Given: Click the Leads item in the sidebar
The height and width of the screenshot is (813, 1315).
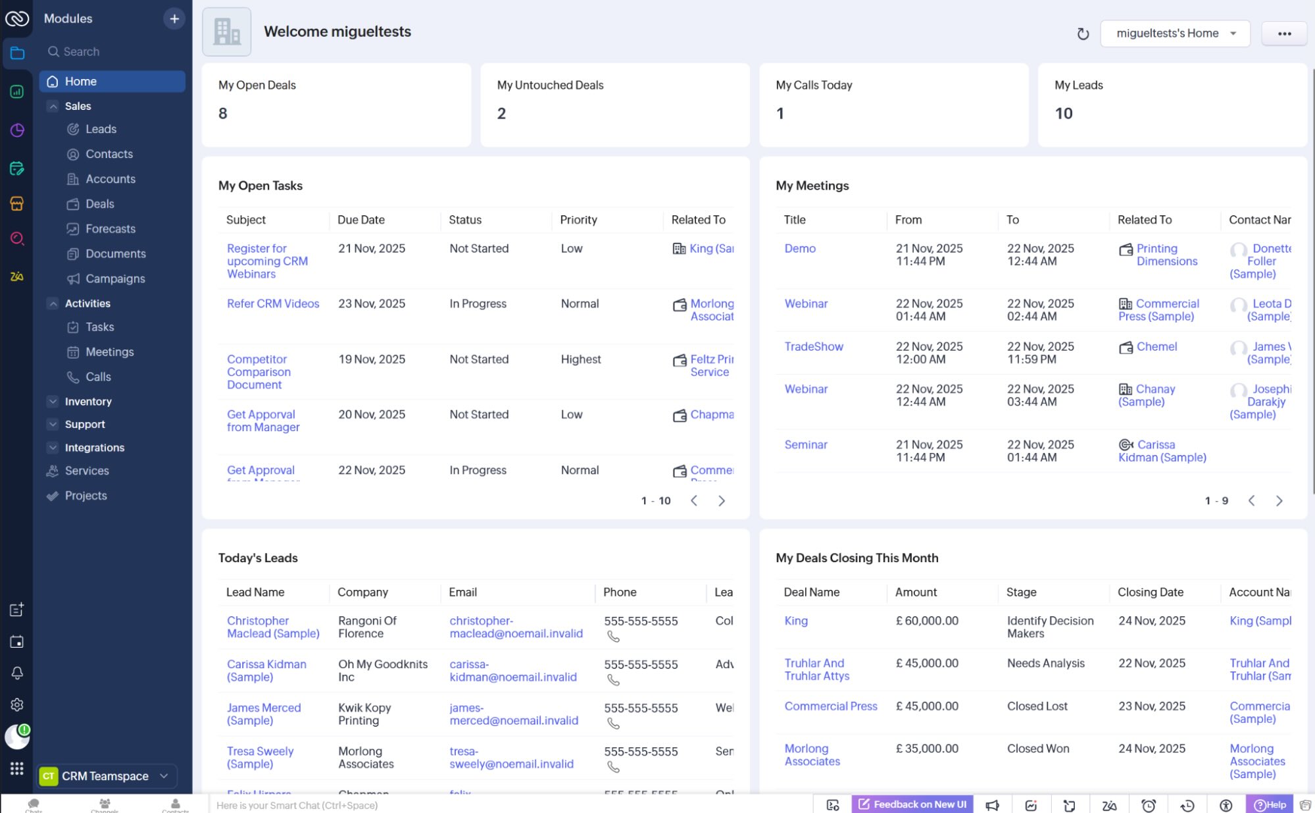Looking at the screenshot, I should click(x=101, y=129).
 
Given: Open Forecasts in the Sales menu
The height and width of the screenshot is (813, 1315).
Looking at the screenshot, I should click(x=110, y=228).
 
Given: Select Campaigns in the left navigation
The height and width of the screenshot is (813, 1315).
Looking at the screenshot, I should click(x=115, y=278).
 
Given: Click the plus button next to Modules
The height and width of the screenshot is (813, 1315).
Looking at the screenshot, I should click(x=174, y=19).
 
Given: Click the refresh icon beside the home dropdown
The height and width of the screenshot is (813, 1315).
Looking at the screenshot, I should click(x=1083, y=34).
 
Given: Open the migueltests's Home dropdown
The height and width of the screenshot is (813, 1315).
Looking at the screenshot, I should click(x=1175, y=34).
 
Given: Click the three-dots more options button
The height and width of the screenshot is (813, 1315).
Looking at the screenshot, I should click(x=1284, y=34).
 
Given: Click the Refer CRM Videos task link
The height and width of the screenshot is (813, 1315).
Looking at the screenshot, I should click(x=273, y=303).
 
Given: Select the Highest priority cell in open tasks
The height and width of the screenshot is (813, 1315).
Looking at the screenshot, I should click(x=581, y=359).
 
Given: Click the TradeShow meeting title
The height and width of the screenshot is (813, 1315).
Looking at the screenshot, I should click(x=814, y=346).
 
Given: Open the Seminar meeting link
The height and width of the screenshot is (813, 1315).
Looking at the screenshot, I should click(x=806, y=444).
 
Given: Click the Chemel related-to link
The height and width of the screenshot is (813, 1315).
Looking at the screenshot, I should click(x=1156, y=346).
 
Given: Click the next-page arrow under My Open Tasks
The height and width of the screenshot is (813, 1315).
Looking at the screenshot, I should click(x=722, y=501).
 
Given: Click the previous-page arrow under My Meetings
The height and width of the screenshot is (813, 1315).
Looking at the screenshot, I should click(x=1252, y=501).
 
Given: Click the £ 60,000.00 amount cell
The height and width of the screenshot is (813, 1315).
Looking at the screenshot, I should click(x=928, y=621).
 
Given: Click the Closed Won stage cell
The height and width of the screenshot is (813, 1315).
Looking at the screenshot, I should click(x=1038, y=748).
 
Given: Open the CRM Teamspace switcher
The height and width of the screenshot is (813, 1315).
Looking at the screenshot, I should click(x=105, y=776).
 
